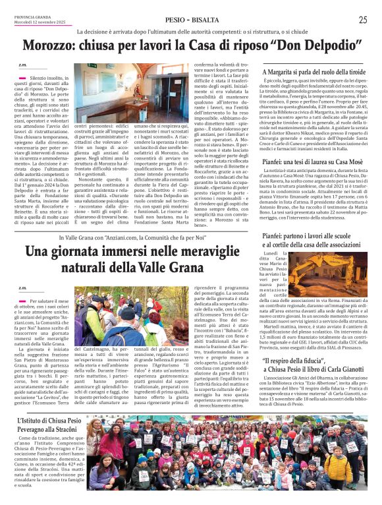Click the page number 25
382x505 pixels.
click(x=363, y=20)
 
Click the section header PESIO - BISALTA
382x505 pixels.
click(x=191, y=20)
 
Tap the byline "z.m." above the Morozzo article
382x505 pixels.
click(x=23, y=65)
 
